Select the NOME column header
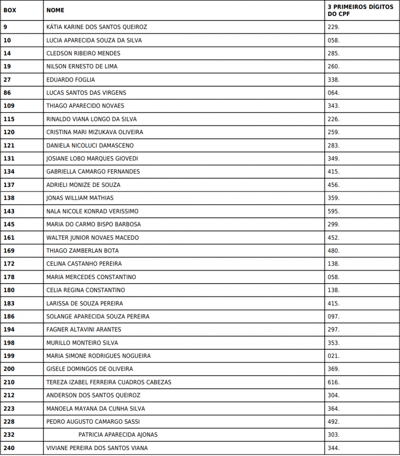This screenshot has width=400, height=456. tap(55, 10)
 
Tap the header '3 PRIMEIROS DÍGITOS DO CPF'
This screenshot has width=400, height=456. tap(360, 10)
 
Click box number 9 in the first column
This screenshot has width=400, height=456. tap(5, 27)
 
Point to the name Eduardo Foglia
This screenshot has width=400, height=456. tap(71, 80)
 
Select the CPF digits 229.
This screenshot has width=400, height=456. tap(333, 27)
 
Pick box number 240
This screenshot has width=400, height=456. tap(9, 448)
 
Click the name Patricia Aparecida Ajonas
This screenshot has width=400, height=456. tap(118, 435)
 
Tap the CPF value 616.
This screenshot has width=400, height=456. tap(333, 382)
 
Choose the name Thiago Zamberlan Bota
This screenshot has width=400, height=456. tap(82, 251)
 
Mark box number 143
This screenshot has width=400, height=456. tap(9, 211)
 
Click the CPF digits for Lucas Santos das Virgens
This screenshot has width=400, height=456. tap(333, 93)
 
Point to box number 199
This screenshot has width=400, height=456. tap(9, 356)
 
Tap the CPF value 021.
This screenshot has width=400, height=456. tap(333, 356)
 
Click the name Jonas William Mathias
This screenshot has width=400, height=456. tap(80, 198)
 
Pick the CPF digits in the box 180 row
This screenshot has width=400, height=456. tap(333, 290)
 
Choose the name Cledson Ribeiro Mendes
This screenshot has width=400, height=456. tap(83, 53)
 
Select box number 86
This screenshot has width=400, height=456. tap(7, 93)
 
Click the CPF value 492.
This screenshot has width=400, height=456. tap(333, 422)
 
